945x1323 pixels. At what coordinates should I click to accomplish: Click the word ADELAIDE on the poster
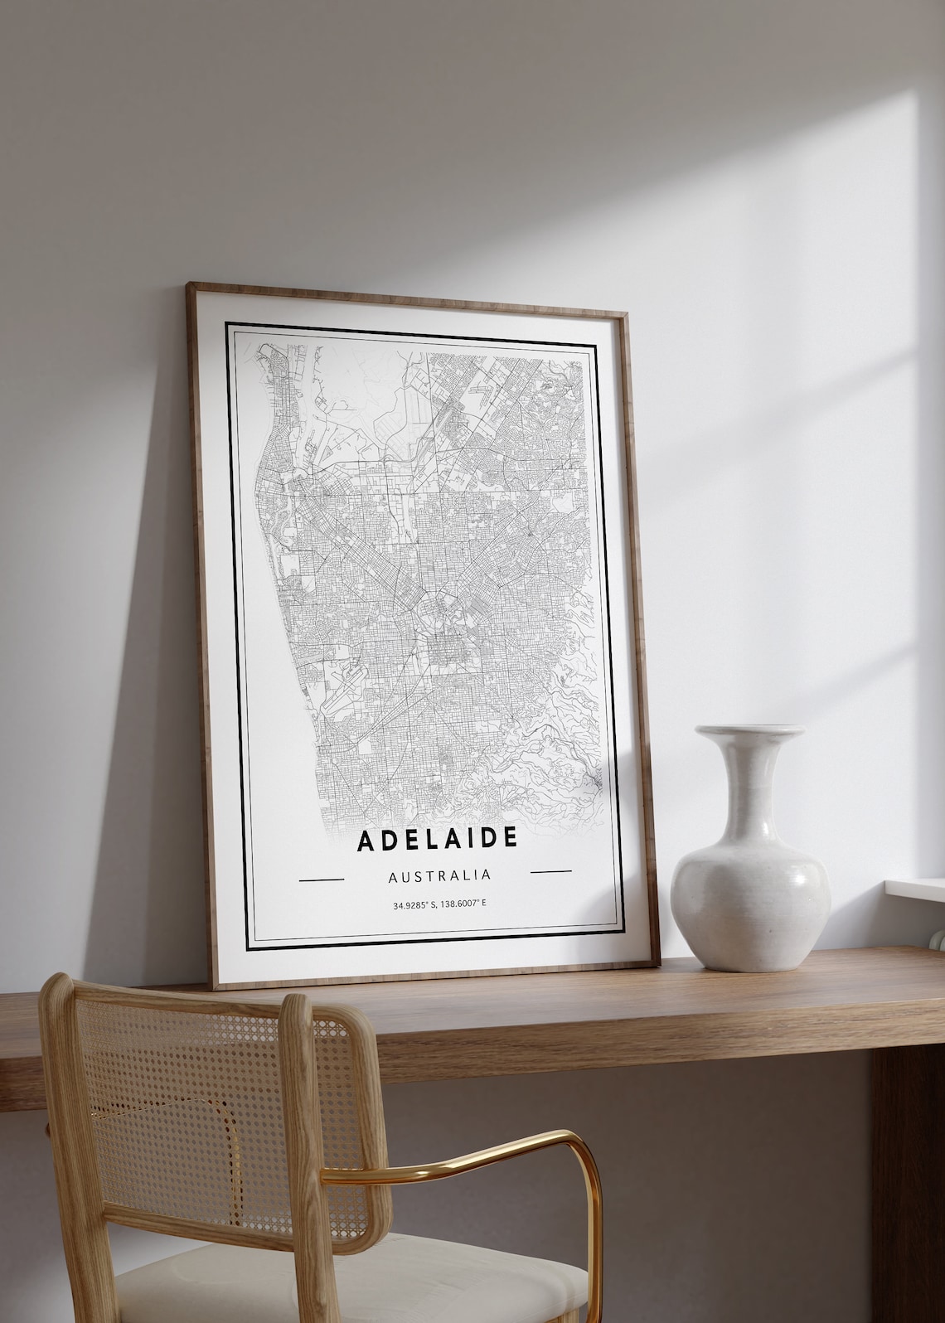(437, 839)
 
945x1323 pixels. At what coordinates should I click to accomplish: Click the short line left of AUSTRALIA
(320, 877)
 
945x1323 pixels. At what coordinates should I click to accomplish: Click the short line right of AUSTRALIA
(550, 871)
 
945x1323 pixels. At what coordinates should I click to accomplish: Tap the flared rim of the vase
(749, 732)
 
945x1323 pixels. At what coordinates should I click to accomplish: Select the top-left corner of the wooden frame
(191, 286)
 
